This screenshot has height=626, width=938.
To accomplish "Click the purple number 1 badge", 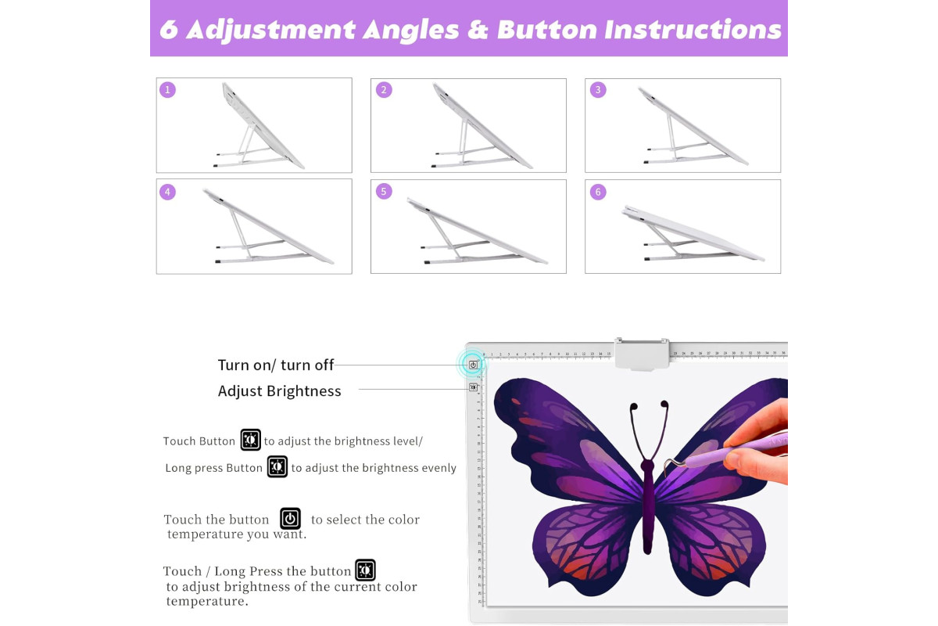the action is click(x=167, y=90).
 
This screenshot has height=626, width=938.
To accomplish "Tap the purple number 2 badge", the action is click(x=384, y=90).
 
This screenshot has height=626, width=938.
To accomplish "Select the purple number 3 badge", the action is click(x=598, y=90).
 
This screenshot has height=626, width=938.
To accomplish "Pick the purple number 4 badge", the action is click(x=167, y=192).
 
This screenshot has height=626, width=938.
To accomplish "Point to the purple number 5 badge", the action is click(x=384, y=191).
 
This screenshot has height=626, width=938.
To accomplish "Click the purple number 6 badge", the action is click(x=598, y=192).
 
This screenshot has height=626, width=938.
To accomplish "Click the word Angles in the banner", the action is click(x=411, y=31).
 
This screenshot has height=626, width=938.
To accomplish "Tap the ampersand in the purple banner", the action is click(x=478, y=31).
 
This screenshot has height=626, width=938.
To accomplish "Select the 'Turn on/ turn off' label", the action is click(x=275, y=365).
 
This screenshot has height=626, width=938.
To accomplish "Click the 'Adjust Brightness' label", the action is click(x=279, y=390).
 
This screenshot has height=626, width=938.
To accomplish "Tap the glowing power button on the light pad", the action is click(x=473, y=365).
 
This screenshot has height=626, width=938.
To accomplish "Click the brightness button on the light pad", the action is click(x=473, y=387).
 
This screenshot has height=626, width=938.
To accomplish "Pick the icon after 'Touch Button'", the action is click(x=250, y=440).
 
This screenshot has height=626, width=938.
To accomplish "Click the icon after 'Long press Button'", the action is click(x=277, y=466).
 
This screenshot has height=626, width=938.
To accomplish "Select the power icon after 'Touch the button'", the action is click(x=290, y=519).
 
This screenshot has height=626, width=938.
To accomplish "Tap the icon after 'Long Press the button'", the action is click(x=365, y=570).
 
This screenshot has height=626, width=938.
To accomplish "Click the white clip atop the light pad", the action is click(x=642, y=354).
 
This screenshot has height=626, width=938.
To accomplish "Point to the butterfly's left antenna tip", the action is click(x=634, y=406).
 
